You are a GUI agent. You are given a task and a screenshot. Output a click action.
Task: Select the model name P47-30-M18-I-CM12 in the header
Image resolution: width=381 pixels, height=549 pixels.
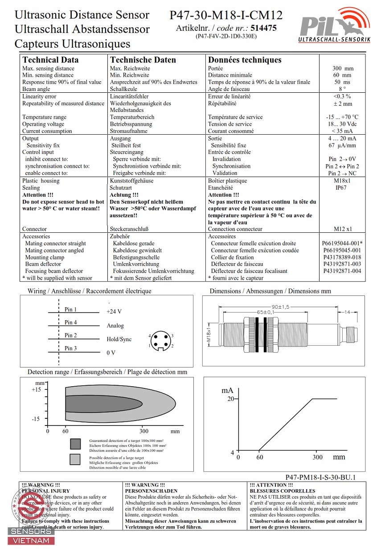[226, 16]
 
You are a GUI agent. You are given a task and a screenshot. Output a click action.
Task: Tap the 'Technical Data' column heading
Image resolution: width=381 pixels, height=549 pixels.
[50, 60]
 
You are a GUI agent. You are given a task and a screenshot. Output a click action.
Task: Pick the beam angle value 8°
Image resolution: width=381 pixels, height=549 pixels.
[342, 89]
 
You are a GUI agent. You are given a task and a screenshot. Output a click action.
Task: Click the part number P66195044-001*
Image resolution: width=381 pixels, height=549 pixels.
[342, 244]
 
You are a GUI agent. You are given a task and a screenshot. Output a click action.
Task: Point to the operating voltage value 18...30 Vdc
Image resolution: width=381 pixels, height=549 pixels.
[342, 124]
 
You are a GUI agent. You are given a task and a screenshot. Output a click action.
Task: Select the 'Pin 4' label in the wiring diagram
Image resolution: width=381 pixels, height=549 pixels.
[70, 322]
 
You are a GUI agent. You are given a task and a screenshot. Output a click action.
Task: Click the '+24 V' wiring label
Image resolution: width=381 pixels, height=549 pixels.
[114, 312]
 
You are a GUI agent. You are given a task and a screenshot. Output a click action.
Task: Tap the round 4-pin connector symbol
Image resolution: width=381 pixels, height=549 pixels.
[160, 341]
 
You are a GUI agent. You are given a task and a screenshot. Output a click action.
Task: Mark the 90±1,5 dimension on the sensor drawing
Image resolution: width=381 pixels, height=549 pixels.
[280, 306]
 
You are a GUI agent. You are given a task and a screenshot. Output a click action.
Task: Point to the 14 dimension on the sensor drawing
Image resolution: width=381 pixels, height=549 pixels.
[347, 312]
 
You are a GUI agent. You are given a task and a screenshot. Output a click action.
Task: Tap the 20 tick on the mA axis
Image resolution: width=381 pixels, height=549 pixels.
[230, 399]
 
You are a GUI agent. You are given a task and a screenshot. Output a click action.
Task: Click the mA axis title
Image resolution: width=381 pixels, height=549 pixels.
[227, 390]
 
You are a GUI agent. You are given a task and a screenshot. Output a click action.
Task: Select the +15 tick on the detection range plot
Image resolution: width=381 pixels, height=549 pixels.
[36, 389]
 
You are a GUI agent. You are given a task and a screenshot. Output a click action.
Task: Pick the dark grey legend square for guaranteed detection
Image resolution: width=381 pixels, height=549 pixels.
[75, 443]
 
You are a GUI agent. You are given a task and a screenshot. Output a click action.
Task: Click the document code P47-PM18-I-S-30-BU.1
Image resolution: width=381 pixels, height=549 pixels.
[320, 477]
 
